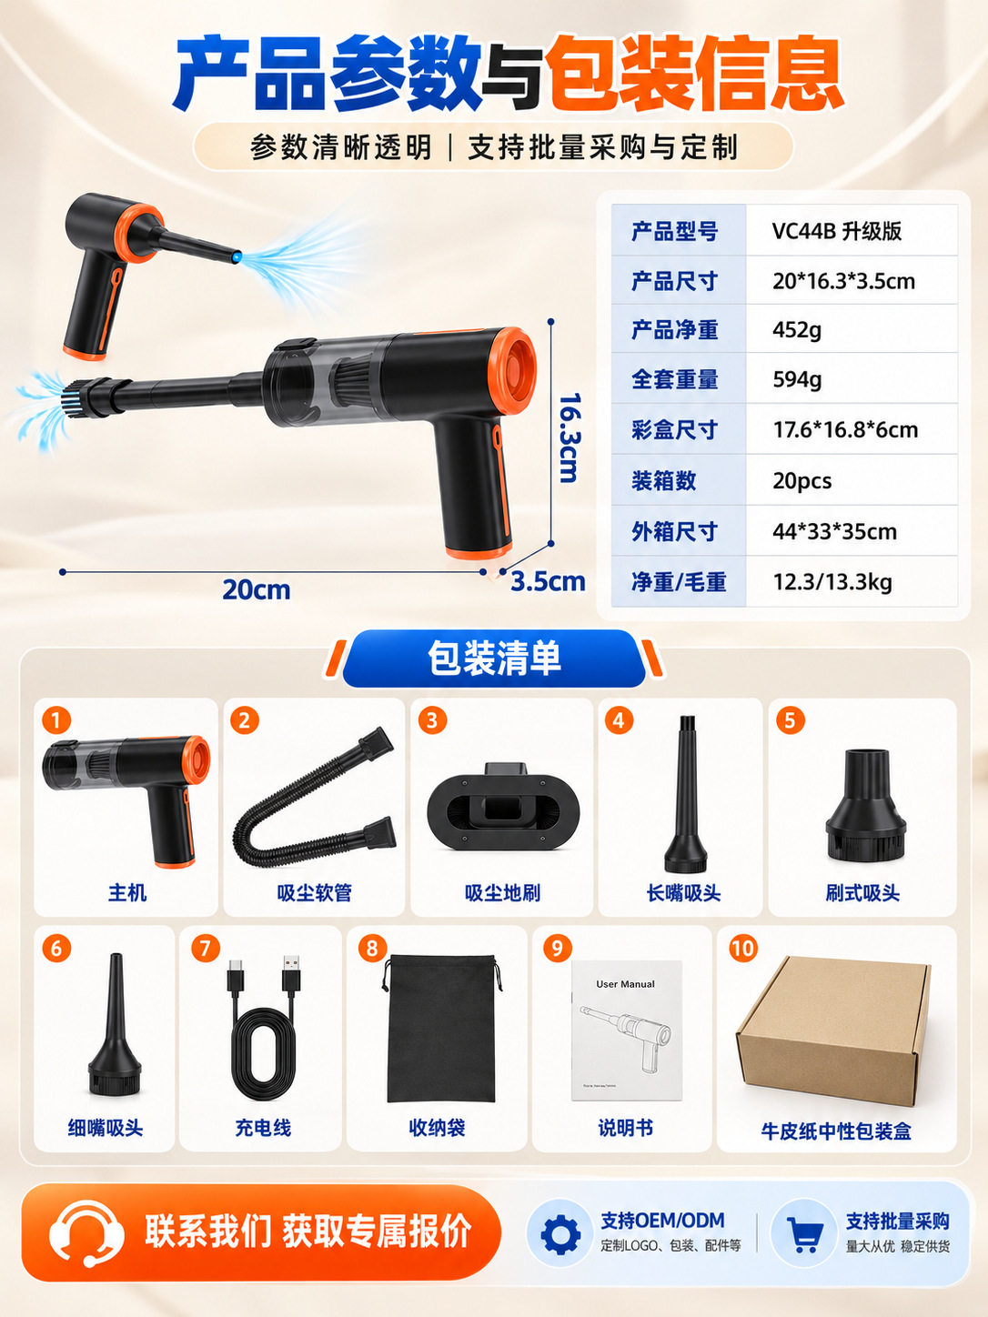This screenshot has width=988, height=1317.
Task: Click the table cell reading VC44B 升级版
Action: (x=836, y=231)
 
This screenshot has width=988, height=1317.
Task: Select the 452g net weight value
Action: (x=797, y=330)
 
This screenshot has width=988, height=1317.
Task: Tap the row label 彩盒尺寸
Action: (x=674, y=429)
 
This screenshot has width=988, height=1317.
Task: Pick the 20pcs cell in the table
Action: (x=802, y=480)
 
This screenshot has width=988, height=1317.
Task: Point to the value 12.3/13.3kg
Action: (x=832, y=582)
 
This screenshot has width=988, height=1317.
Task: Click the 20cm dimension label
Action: (x=257, y=589)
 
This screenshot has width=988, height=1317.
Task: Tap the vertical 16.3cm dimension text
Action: (x=569, y=437)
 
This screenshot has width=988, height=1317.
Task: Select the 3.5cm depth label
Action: (x=548, y=581)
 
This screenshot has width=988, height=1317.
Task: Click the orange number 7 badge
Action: (x=206, y=949)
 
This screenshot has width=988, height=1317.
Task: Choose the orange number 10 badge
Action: (x=743, y=949)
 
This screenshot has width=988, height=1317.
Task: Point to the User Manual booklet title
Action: (x=625, y=984)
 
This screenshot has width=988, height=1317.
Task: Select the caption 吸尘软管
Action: (x=315, y=893)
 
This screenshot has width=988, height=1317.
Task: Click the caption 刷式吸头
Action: (x=862, y=893)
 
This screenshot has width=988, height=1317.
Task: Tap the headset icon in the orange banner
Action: (x=86, y=1233)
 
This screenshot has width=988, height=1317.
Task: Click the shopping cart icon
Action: (x=804, y=1234)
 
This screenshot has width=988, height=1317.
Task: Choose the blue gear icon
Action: (x=560, y=1234)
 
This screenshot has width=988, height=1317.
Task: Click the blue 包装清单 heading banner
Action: (x=494, y=658)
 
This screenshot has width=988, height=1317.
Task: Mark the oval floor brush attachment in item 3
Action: (x=503, y=807)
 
